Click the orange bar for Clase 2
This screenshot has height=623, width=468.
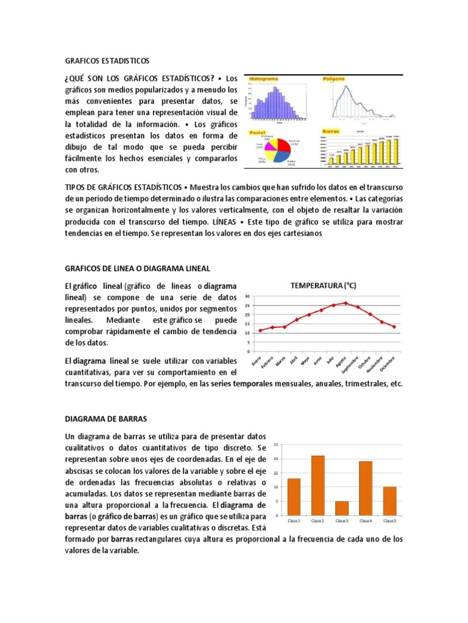point(317,485)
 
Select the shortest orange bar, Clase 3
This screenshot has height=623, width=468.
point(342,508)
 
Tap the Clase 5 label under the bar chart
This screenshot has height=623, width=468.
point(389,521)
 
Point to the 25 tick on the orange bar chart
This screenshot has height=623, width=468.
point(276,445)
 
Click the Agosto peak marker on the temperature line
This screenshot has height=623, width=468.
point(346,303)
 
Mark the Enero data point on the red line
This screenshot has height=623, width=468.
point(260,330)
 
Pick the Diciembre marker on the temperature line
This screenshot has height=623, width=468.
point(394,327)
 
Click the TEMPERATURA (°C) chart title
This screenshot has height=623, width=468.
point(323,285)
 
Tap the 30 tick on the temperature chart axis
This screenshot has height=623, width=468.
point(247,297)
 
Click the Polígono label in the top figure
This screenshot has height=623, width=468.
point(335,79)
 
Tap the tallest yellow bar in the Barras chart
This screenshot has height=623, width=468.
point(395,150)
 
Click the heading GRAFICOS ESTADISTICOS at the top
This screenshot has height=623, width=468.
point(107,61)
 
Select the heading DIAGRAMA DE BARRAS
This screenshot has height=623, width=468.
point(102,419)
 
